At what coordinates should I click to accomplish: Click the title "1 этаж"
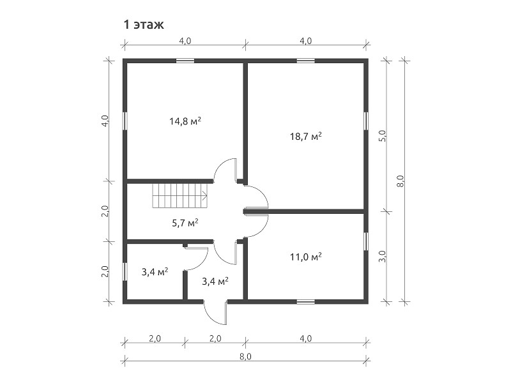click(143, 25)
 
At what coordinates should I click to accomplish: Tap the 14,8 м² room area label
click(185, 121)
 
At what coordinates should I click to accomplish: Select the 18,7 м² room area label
click(306, 136)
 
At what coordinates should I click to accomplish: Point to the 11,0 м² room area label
click(306, 257)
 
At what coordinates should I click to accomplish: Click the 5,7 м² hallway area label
click(185, 223)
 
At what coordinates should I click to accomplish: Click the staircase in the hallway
click(180, 196)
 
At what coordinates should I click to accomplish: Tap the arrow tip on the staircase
click(206, 196)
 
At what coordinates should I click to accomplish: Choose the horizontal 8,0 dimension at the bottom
click(245, 356)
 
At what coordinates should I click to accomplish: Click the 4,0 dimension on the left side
click(105, 121)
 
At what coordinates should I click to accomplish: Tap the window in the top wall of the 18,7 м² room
click(306, 61)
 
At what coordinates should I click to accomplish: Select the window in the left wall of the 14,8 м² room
click(125, 121)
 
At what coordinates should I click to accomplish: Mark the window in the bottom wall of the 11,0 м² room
click(306, 302)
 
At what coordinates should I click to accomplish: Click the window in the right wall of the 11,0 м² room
click(366, 241)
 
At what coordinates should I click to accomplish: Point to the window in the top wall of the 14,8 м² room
click(185, 61)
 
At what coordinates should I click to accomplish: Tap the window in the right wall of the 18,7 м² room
click(366, 121)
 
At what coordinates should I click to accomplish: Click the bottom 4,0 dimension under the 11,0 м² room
click(306, 339)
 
